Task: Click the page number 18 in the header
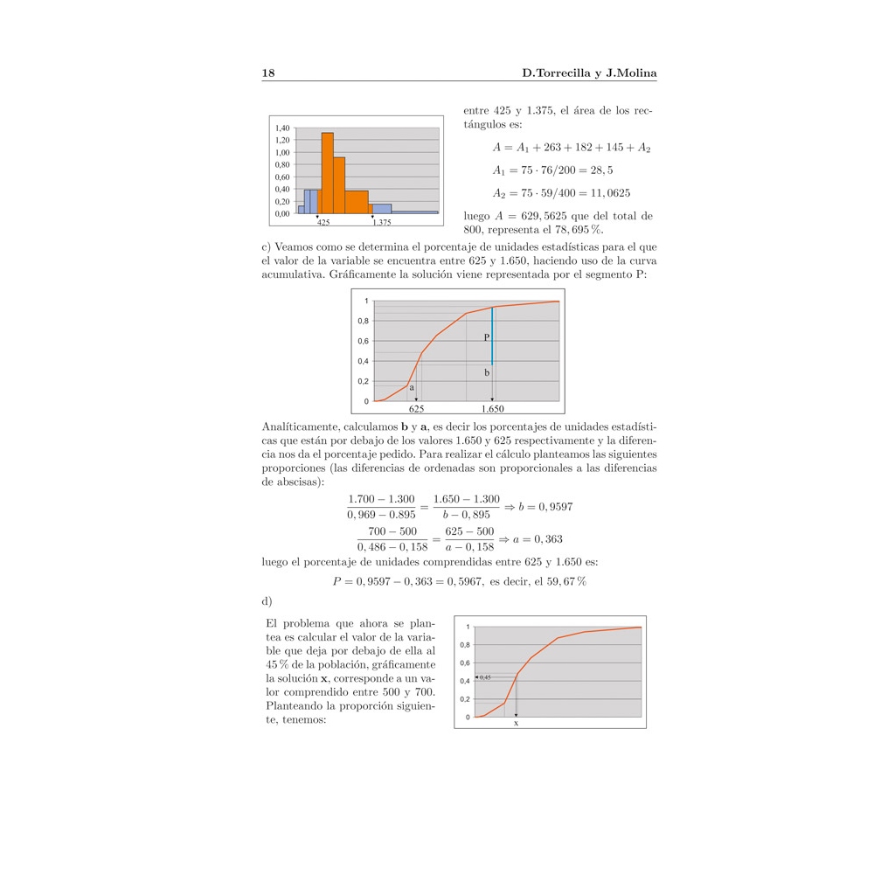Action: pyautogui.click(x=268, y=73)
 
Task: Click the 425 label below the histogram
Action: pyautogui.click(x=323, y=223)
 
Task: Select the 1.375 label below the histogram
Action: pyautogui.click(x=381, y=223)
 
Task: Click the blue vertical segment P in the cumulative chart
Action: pyautogui.click(x=492, y=336)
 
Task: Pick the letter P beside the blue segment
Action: pyautogui.click(x=486, y=337)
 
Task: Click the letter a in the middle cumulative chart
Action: pyautogui.click(x=412, y=385)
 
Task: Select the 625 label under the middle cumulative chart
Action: pyautogui.click(x=417, y=408)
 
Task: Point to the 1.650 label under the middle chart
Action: pyautogui.click(x=492, y=408)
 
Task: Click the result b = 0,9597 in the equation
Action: pyautogui.click(x=545, y=507)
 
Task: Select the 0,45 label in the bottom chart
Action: pyautogui.click(x=485, y=677)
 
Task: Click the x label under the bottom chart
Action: pyautogui.click(x=516, y=723)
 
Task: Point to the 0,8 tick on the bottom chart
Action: pyautogui.click(x=466, y=645)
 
